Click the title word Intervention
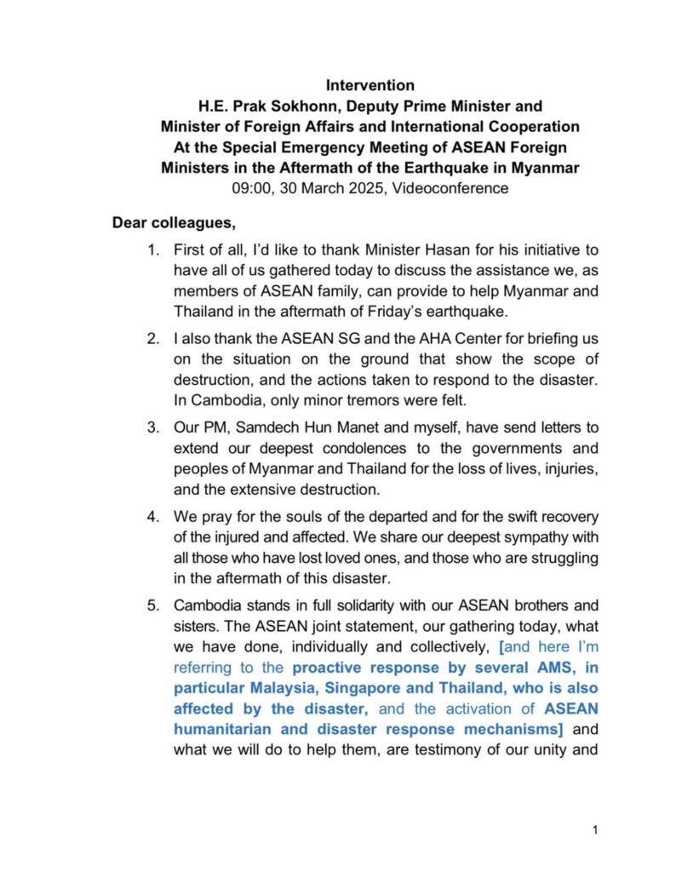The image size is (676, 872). tap(370, 85)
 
